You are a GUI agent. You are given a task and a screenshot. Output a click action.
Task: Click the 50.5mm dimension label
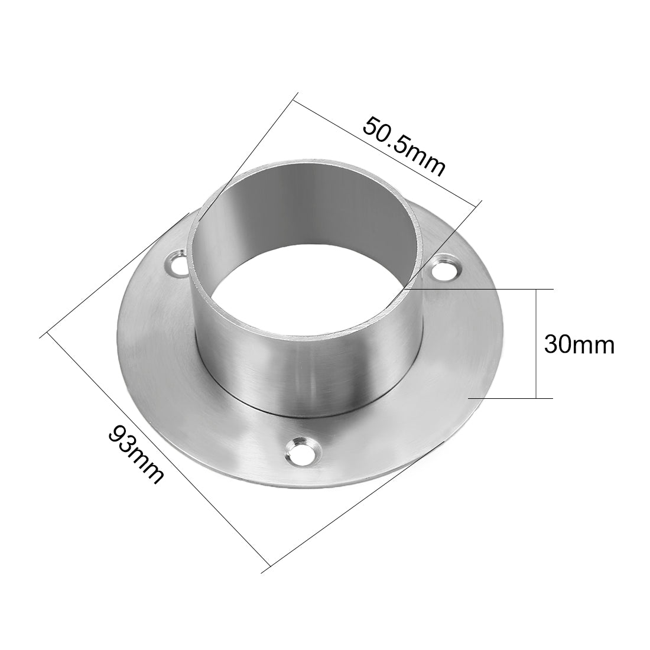click(x=404, y=147)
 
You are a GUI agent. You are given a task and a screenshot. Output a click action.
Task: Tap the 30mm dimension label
click(x=579, y=344)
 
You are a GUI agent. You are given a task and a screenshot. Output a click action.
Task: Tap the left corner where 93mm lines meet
click(x=44, y=335)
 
